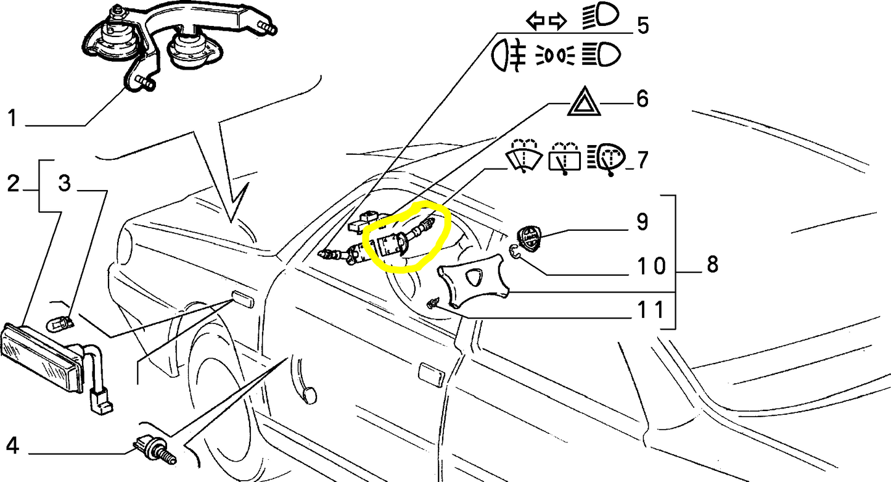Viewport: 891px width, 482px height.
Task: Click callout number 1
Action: [x=13, y=118]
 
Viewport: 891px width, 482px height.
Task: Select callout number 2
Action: [x=13, y=184]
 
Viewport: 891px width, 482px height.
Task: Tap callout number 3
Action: [x=65, y=183]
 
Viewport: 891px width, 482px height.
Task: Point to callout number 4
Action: [x=12, y=446]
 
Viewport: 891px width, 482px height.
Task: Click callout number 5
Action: [x=643, y=25]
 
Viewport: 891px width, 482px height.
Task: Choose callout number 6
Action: [x=643, y=98]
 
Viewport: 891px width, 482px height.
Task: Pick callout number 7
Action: [x=643, y=160]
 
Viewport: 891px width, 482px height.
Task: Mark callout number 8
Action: [x=712, y=264]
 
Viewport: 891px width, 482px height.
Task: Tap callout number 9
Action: [x=643, y=222]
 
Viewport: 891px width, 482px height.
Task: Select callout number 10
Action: [x=652, y=265]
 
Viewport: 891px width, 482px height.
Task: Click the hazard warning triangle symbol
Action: [x=584, y=101]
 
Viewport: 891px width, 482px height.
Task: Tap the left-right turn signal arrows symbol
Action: [x=546, y=21]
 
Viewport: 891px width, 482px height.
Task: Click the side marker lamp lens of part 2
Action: [x=42, y=357]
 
